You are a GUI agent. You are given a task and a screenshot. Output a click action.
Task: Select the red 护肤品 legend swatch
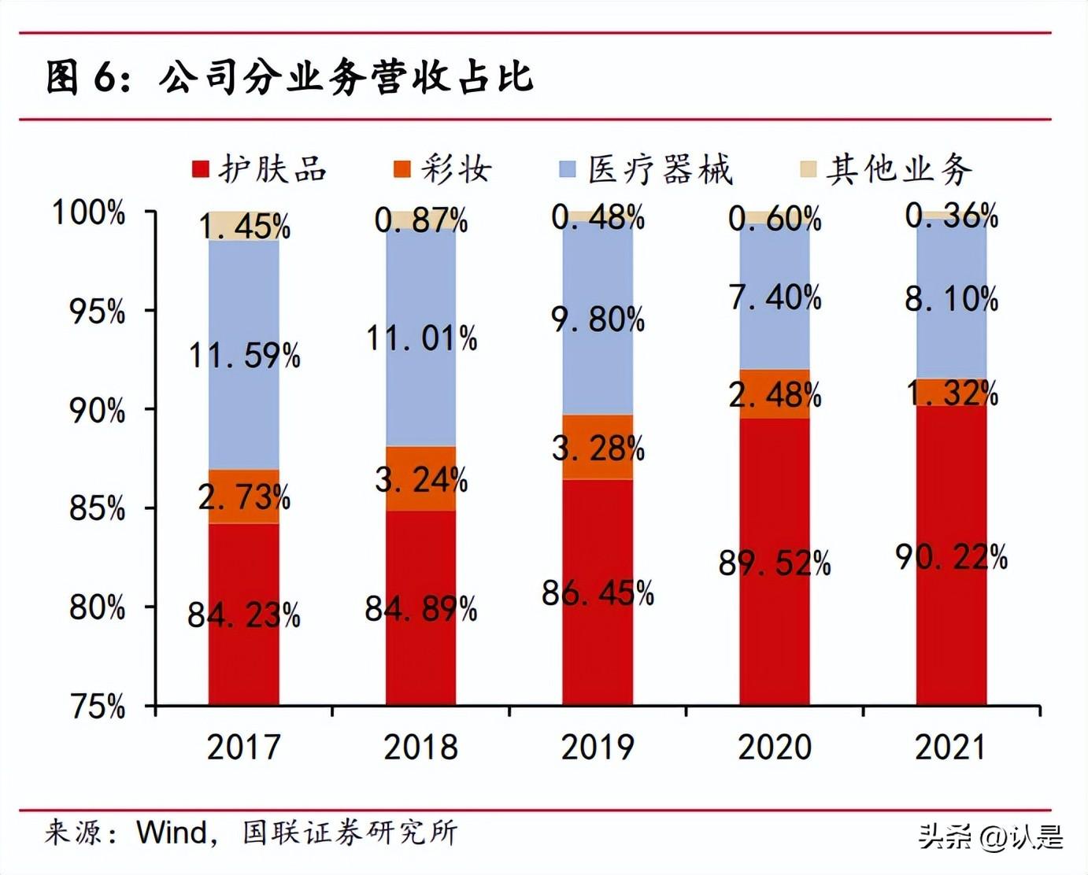pyautogui.click(x=201, y=169)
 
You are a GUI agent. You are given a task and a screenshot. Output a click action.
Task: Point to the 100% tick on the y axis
pyautogui.click(x=88, y=212)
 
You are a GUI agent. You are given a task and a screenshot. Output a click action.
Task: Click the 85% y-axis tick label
pyautogui.click(x=97, y=508)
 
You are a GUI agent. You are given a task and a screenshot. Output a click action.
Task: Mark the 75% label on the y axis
pyautogui.click(x=98, y=707)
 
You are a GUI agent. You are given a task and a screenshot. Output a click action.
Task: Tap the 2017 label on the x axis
pyautogui.click(x=243, y=747)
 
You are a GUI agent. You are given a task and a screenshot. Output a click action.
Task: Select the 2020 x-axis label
pyautogui.click(x=774, y=747)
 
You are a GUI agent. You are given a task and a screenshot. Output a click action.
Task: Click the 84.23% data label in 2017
pyautogui.click(x=243, y=615)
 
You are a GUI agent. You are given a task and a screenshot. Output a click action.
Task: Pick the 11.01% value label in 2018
pyautogui.click(x=421, y=338)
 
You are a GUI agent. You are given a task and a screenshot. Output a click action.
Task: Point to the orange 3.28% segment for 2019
pyautogui.click(x=598, y=448)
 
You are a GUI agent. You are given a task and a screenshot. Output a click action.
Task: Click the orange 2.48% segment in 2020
pyautogui.click(x=775, y=394)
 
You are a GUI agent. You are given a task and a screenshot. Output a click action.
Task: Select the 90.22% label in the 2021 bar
pyautogui.click(x=951, y=557)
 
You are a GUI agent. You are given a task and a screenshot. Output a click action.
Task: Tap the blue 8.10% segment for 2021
pyautogui.click(x=951, y=299)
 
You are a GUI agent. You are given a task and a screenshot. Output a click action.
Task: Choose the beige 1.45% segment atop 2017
pyautogui.click(x=243, y=226)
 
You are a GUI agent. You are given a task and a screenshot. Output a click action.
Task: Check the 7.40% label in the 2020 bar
pyautogui.click(x=775, y=297)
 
